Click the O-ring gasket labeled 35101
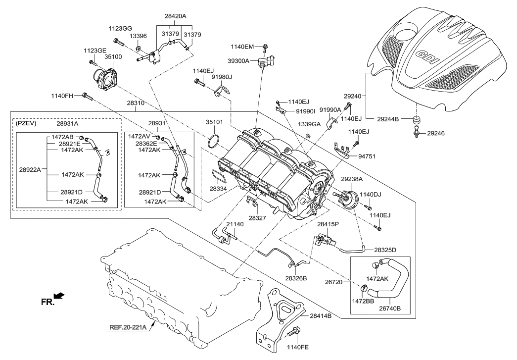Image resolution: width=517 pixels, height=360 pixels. pos(213,141)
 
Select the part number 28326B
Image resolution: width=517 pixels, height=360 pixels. pos(296,278)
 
